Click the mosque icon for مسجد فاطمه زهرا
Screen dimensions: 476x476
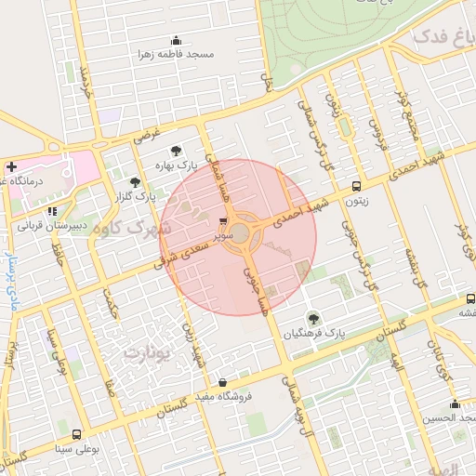coord(177,40)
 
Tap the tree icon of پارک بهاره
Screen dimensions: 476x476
coord(174,150)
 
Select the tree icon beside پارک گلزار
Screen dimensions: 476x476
coord(137,182)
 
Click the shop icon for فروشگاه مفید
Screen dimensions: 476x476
coord(222,382)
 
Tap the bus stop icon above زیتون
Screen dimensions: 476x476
coord(357,185)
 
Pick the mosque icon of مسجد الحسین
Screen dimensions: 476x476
coord(455,403)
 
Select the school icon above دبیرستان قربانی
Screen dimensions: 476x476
coord(55,211)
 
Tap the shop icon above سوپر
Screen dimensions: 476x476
coord(223,222)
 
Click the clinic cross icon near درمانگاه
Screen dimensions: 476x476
coord(10,167)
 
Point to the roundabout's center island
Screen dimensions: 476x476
coord(241,233)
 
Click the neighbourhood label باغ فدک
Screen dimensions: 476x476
coord(437,37)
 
